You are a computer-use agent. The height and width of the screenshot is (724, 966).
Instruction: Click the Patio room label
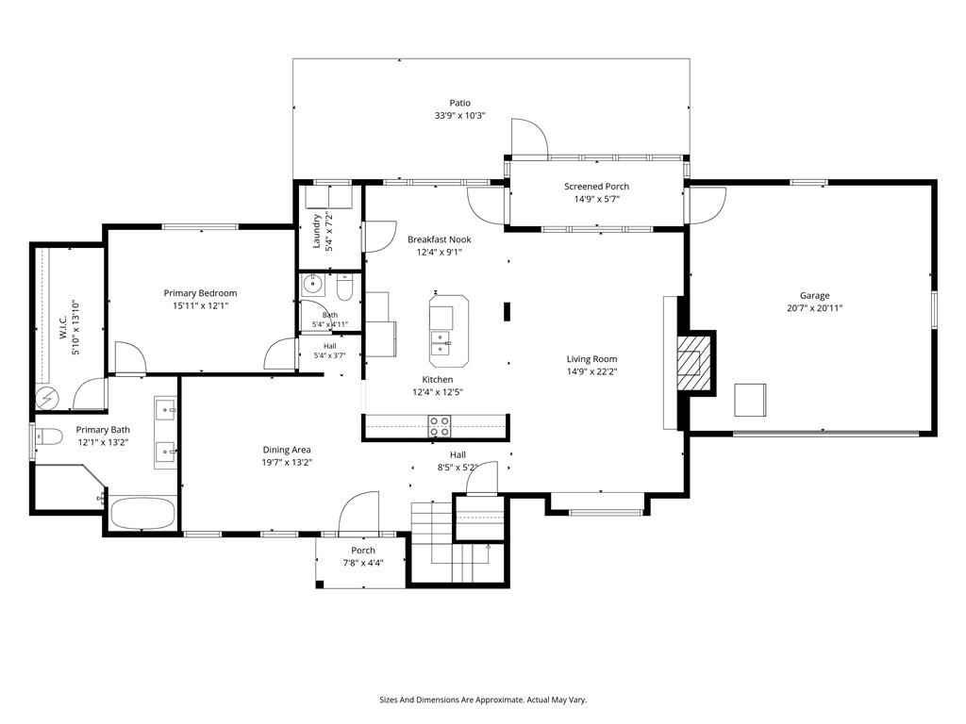coord(459,103)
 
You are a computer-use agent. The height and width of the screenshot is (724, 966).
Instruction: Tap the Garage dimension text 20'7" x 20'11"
coord(814,308)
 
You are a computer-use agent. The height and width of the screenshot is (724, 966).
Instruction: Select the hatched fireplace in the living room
coord(693,363)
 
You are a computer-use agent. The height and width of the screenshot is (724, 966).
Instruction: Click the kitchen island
coord(448,331)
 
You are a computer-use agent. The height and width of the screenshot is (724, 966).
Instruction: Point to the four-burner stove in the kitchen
coord(440,426)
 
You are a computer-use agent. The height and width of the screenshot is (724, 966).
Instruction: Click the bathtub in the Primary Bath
coord(142,513)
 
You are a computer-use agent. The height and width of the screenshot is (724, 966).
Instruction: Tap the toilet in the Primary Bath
coord(49,436)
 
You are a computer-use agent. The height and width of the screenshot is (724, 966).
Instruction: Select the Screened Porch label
coord(596,186)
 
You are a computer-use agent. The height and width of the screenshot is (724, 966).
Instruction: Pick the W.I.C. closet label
coord(63,327)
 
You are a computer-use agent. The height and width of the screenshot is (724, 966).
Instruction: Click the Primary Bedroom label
coord(200,293)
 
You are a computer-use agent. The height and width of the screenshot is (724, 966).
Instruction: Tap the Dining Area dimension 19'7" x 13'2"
coord(287,462)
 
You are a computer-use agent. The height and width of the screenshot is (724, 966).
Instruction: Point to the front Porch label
coord(363,551)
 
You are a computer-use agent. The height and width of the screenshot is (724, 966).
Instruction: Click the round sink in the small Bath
coord(313,285)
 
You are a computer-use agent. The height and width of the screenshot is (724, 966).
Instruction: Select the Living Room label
coord(591,359)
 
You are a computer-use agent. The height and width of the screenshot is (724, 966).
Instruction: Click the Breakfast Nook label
coord(440,239)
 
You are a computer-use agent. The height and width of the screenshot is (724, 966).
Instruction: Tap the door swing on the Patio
coord(529,138)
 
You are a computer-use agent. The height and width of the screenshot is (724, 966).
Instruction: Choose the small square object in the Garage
coord(750,400)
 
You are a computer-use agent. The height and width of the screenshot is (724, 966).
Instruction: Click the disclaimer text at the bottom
coord(483,700)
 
